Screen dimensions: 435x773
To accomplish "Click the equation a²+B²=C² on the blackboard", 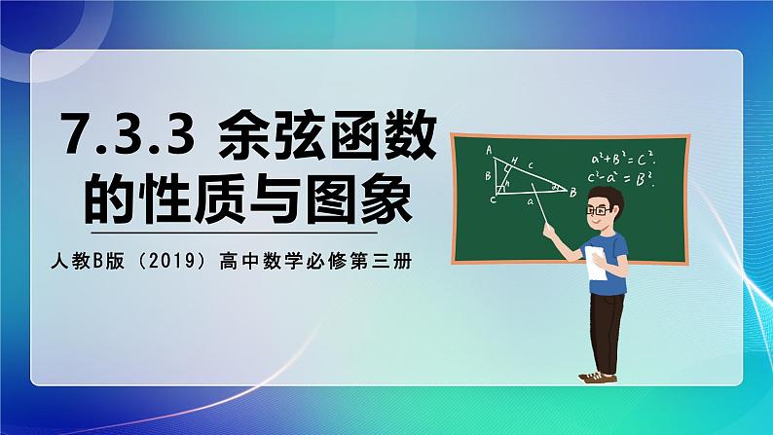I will (623, 159).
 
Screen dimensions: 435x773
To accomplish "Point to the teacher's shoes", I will (599, 376).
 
